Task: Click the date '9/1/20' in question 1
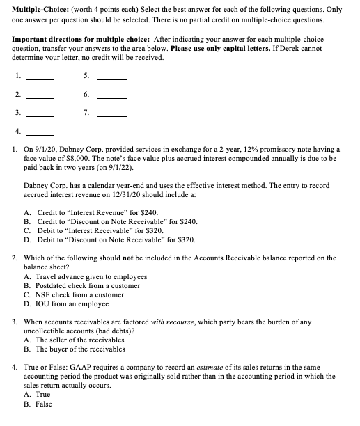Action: click(50, 149)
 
